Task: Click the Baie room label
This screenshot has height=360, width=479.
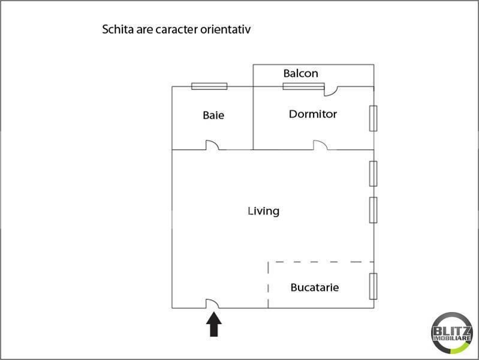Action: pyautogui.click(x=213, y=115)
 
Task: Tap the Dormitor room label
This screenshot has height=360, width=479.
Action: pyautogui.click(x=313, y=113)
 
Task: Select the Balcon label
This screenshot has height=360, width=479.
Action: pyautogui.click(x=301, y=74)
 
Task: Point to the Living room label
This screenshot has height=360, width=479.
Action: pyautogui.click(x=264, y=211)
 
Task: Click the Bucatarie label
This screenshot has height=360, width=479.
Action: pyautogui.click(x=315, y=287)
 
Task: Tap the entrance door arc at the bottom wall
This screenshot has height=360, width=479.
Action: pyautogui.click(x=212, y=303)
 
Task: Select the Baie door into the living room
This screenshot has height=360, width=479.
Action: pyautogui.click(x=212, y=145)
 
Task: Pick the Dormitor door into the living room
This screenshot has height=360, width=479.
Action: pyautogui.click(x=320, y=145)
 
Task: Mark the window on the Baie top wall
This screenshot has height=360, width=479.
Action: pyautogui.click(x=209, y=86)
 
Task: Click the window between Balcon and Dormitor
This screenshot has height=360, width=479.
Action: pyautogui.click(x=303, y=86)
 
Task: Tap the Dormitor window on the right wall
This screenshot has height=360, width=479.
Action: pyautogui.click(x=373, y=118)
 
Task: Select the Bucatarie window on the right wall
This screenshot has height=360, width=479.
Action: pyautogui.click(x=373, y=286)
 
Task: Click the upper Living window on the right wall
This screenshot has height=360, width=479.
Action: pyautogui.click(x=373, y=174)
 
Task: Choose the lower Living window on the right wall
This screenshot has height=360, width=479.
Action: pyautogui.click(x=373, y=210)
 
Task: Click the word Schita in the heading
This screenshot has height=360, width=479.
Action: pyautogui.click(x=118, y=29)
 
